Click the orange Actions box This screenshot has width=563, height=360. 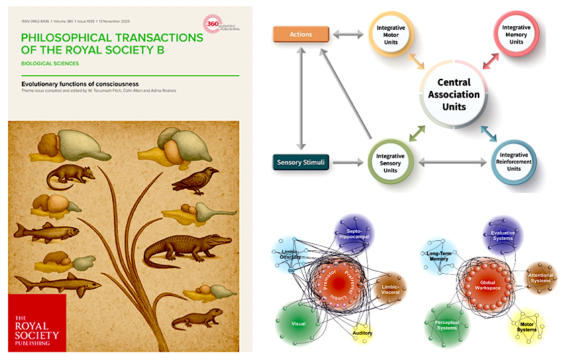pos(301,34)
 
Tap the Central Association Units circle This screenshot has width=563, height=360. pos(452,94)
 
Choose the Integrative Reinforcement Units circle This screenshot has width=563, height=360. pos(514,162)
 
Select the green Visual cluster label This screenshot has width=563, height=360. pos(298,324)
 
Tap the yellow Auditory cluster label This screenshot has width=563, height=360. pos(362,333)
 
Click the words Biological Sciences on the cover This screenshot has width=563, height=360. pos(50,64)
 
